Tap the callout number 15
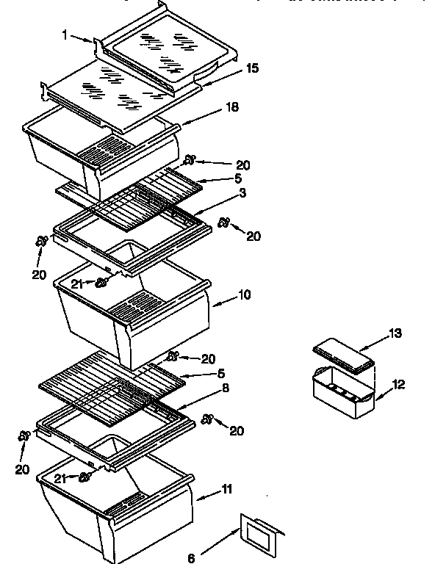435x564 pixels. click(252, 68)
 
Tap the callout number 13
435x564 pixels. click(395, 334)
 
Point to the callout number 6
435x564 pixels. click(191, 557)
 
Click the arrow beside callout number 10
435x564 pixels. click(223, 298)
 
